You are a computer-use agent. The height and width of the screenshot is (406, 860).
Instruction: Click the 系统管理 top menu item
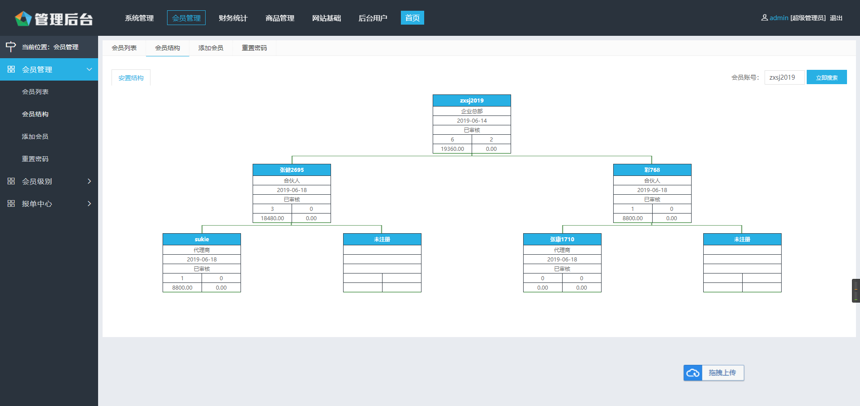139,18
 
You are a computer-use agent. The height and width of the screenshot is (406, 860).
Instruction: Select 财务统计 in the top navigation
233,18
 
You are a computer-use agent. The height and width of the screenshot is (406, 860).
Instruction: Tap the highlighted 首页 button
413,18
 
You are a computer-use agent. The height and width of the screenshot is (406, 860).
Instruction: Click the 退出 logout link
836,18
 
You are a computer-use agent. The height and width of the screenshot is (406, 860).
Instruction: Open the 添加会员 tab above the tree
211,48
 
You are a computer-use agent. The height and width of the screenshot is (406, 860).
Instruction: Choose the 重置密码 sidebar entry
35,159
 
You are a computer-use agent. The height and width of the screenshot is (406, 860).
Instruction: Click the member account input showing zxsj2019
784,77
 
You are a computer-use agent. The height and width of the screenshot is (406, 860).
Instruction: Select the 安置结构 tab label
131,78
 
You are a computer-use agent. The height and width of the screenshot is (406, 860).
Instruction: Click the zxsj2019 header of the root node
472,100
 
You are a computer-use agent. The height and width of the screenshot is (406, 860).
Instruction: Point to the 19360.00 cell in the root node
452,149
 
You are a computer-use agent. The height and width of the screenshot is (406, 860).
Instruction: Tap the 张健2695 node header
292,170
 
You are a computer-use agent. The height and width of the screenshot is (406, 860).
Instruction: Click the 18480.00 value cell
272,218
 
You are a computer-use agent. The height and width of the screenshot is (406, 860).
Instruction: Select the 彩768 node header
652,170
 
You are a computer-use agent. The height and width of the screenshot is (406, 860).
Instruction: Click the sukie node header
202,239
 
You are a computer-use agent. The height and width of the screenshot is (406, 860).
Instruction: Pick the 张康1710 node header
562,239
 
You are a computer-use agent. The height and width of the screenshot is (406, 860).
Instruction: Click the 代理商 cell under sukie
202,250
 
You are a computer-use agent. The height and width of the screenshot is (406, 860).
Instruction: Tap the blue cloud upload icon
693,373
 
